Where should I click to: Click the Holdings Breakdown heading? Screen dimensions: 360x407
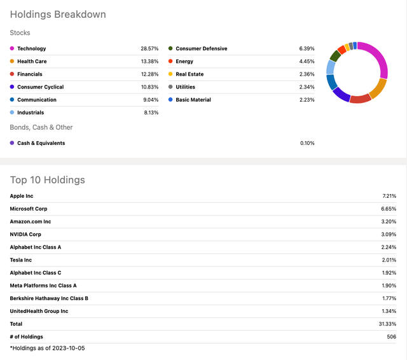58,14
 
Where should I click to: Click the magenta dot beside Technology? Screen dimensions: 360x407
12,49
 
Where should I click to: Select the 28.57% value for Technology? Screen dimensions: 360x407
149,49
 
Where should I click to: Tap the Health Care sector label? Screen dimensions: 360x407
32,62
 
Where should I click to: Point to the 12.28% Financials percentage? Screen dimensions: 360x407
149,74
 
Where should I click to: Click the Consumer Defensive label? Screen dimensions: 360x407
201,49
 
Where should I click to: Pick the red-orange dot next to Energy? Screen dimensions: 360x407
170,62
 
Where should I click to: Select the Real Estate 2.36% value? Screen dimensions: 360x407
307,74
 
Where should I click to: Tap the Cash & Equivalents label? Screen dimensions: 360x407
41,143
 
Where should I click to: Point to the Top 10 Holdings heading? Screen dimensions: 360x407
48,180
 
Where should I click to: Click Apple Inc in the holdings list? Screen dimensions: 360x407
22,196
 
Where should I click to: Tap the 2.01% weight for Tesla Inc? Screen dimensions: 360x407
389,260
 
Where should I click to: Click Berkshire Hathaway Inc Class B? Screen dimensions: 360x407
49,298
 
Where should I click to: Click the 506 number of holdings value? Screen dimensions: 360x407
391,336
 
